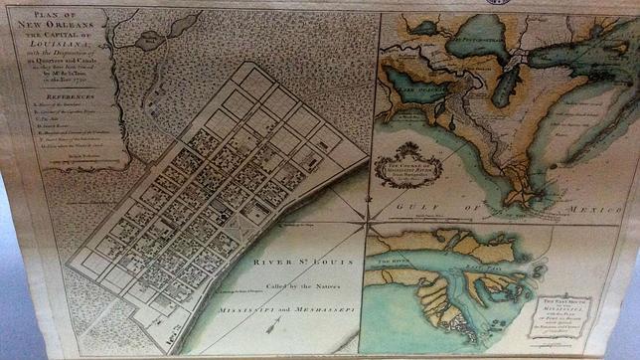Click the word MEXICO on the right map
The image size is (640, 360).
click(591, 210)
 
